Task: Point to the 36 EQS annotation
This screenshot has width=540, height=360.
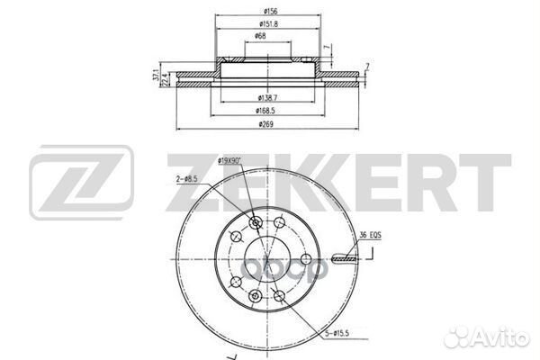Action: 370,237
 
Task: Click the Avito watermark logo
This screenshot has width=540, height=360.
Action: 490,339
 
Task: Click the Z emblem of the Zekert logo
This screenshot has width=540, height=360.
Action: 82,185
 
